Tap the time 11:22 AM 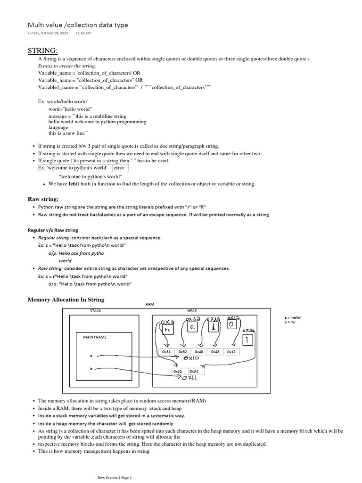pyautogui.click(x=83, y=33)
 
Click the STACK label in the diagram pyautogui.click(x=96, y=311)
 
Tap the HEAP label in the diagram pyautogui.click(x=192, y=311)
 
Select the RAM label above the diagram pyautogui.click(x=150, y=305)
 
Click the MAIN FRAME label pyautogui.click(x=95, y=337)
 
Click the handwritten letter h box pyautogui.click(x=166, y=331)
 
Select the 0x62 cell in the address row pyautogui.click(x=183, y=352)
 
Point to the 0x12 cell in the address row pyautogui.click(x=231, y=352)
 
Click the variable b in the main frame pyautogui.click(x=91, y=368)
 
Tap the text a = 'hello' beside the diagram pyautogui.click(x=293, y=318)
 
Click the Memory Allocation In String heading pyautogui.click(x=66, y=300)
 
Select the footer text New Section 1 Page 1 pyautogui.click(x=115, y=477)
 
